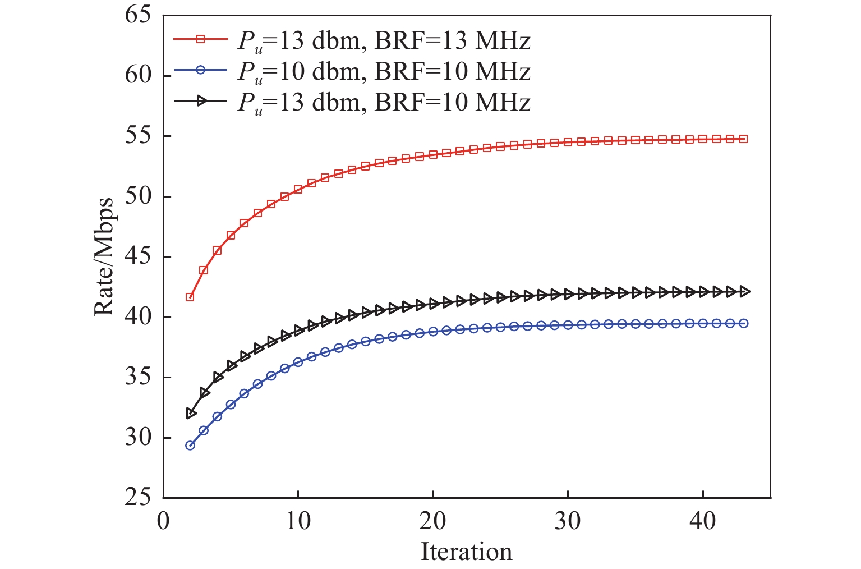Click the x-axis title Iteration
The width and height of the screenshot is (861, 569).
(466, 552)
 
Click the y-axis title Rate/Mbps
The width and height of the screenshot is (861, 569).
(103, 257)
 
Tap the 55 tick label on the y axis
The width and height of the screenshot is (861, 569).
(138, 136)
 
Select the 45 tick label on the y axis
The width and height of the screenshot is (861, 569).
(138, 256)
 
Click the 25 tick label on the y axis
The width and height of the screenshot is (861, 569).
(138, 497)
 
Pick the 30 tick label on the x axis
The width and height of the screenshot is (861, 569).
(568, 521)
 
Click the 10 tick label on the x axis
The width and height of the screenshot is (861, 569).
(298, 521)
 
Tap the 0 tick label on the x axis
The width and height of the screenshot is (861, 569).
(163, 521)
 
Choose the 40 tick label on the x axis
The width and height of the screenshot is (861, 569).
(702, 521)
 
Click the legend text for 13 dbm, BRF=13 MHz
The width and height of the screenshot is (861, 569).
(384, 40)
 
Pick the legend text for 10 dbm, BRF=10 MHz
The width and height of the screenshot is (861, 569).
(384, 71)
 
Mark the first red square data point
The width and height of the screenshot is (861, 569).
(190, 297)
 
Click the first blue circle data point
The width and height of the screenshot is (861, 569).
(190, 446)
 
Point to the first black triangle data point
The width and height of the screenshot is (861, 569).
(191, 414)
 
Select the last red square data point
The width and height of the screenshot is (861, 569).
(743, 139)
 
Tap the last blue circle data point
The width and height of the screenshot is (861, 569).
(743, 323)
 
